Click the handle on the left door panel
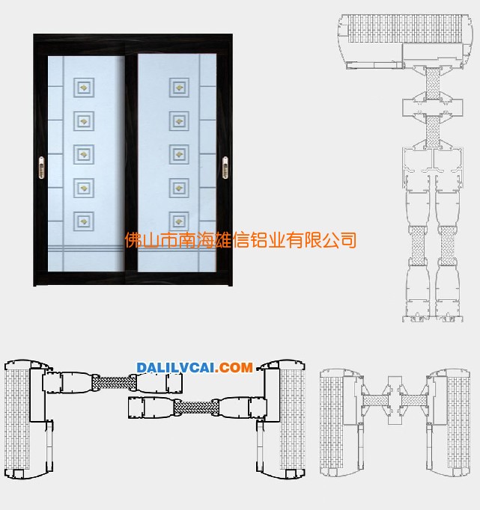point(41,168)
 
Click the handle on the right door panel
point(225,168)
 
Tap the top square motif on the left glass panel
point(84,87)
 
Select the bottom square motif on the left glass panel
point(84,221)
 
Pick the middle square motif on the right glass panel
point(179,154)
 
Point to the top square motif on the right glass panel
point(179,87)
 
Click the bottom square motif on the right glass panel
point(179,221)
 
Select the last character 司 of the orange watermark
point(347,240)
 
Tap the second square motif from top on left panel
point(84,121)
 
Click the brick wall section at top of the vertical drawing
point(405,28)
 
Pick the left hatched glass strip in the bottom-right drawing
point(375,400)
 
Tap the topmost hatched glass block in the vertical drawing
point(433,84)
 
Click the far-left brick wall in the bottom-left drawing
point(17,419)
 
